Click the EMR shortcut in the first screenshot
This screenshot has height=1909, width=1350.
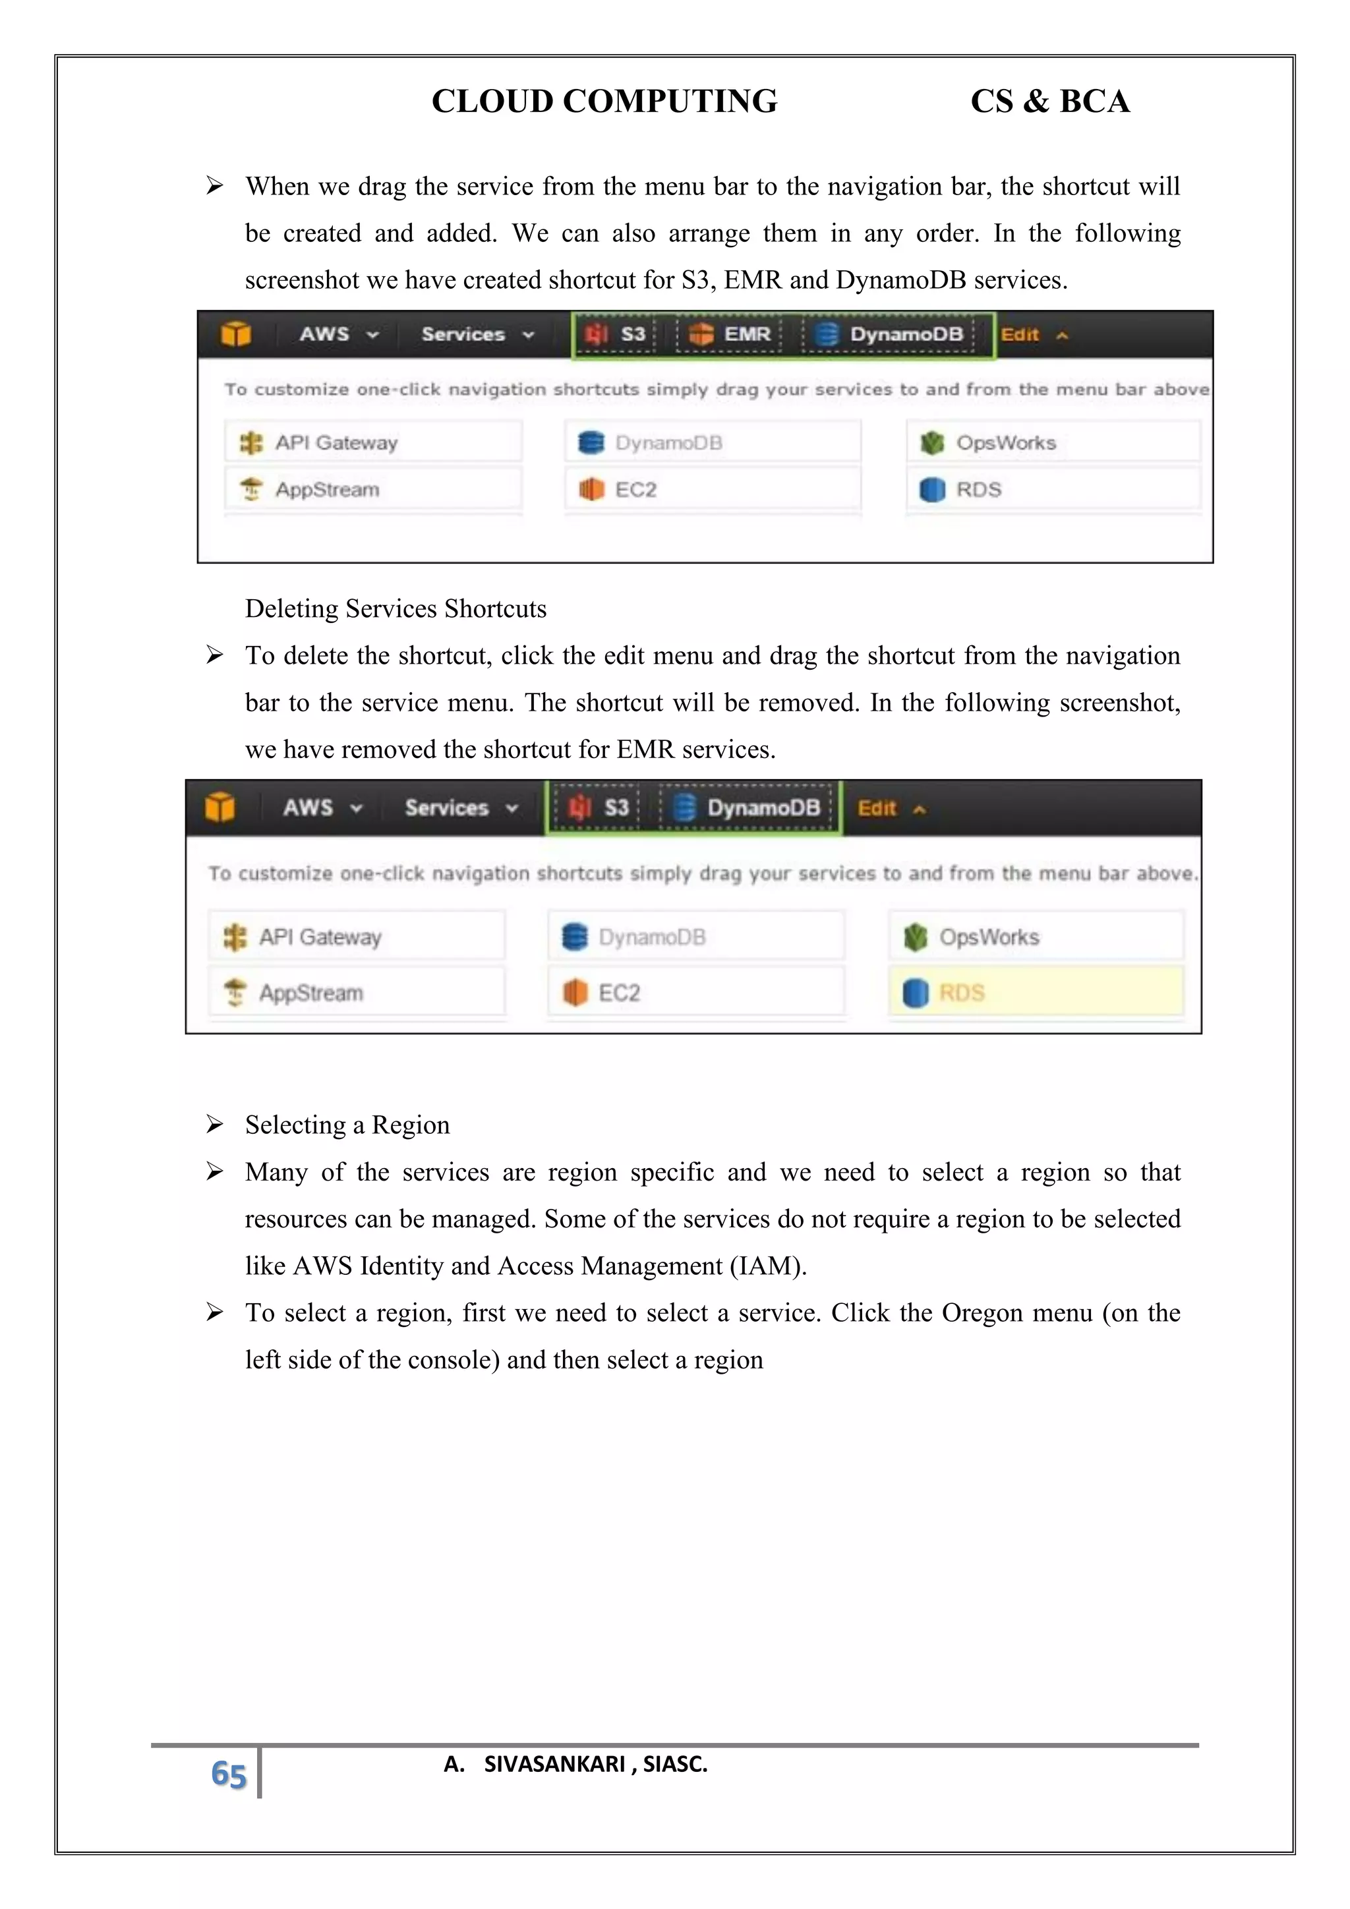point(730,334)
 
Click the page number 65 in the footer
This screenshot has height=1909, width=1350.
point(228,1775)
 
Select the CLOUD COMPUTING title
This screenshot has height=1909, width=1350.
point(604,102)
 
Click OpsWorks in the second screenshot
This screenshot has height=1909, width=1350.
point(988,937)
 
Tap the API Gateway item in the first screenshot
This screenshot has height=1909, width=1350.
point(336,443)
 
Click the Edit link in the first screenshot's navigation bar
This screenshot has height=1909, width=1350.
point(1020,335)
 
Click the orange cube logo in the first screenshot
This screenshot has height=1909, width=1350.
point(236,334)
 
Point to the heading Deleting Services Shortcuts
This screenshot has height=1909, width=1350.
point(396,608)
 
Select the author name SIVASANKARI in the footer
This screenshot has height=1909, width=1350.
point(554,1765)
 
